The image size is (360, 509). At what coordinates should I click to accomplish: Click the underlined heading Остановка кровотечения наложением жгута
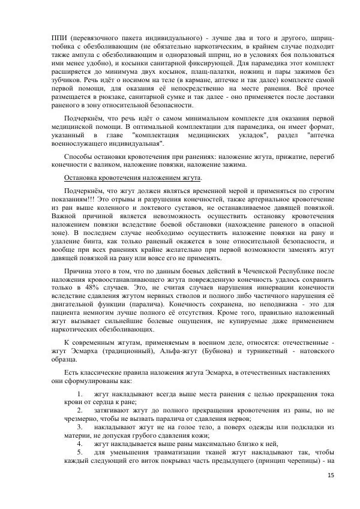(x=133, y=178)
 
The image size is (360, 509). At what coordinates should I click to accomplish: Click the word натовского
(x=317, y=351)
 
